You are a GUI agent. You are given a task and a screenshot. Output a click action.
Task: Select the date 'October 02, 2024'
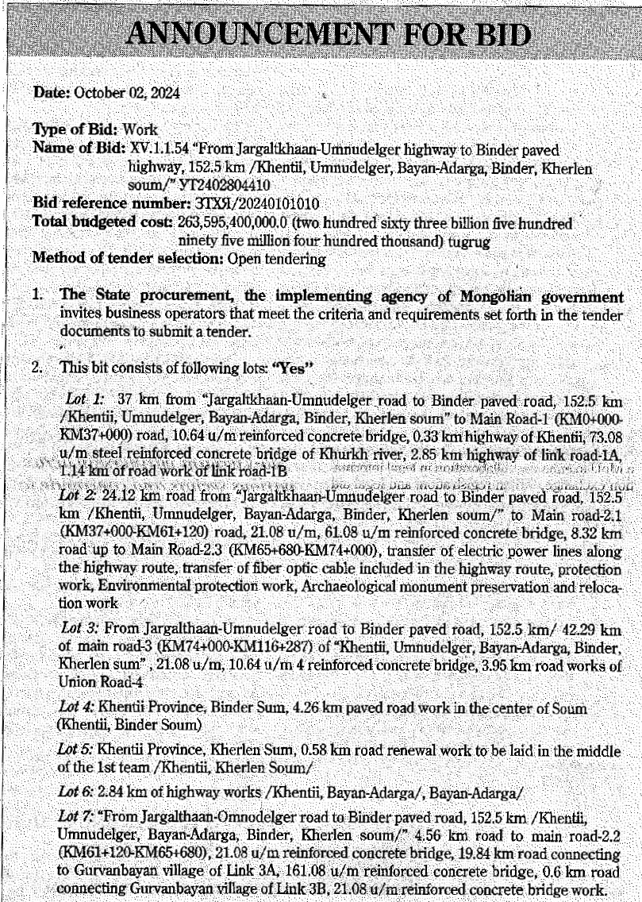tap(127, 93)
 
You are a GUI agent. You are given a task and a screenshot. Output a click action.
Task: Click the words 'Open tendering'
tap(276, 258)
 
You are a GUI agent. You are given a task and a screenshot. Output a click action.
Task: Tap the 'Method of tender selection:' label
tap(129, 258)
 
